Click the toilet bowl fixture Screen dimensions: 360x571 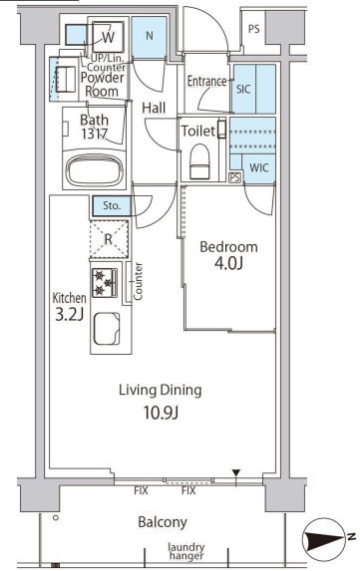click(x=200, y=161)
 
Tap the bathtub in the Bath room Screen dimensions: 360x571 click(x=95, y=171)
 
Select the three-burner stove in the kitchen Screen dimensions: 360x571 click(x=105, y=283)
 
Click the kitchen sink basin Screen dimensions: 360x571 click(x=107, y=329)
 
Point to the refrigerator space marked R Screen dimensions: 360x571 click(x=109, y=239)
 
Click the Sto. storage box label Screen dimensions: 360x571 click(x=112, y=205)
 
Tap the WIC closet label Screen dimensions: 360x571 click(x=259, y=167)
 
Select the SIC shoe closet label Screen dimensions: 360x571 click(x=243, y=89)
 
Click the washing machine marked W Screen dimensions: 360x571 click(x=109, y=37)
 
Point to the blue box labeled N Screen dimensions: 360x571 click(x=149, y=37)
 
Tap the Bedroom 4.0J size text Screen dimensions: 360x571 click(x=228, y=263)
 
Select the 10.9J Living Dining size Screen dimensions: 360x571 click(x=161, y=413)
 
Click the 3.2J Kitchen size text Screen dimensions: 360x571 click(x=69, y=315)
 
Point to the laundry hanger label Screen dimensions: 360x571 click(x=186, y=551)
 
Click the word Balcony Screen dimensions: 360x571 click(x=163, y=522)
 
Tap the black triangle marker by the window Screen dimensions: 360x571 click(x=236, y=473)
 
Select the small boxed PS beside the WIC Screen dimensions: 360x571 click(x=235, y=177)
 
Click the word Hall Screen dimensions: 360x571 click(x=154, y=108)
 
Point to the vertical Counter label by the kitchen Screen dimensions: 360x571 click(x=138, y=281)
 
